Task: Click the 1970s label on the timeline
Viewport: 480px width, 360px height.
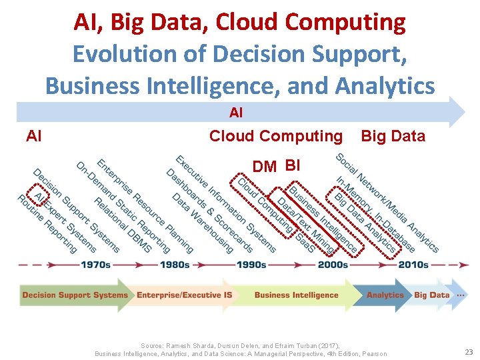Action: (96, 265)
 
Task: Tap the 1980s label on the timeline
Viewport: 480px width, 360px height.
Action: (175, 265)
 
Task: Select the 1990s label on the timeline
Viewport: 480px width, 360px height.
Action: (251, 265)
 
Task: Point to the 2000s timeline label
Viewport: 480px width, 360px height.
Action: (333, 265)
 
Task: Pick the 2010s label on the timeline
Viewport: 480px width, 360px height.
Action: (413, 265)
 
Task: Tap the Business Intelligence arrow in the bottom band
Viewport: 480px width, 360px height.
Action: (296, 295)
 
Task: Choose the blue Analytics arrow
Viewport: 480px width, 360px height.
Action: (385, 295)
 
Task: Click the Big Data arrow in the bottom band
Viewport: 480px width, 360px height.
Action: (431, 295)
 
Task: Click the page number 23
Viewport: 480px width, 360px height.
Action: (468, 351)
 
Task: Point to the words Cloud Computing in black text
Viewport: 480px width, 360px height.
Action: (275, 136)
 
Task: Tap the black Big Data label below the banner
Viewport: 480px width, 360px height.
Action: (393, 136)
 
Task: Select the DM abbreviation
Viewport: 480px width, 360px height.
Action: (265, 167)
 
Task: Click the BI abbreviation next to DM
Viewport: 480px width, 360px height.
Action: (293, 165)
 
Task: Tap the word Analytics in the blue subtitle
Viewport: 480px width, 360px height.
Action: (385, 85)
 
